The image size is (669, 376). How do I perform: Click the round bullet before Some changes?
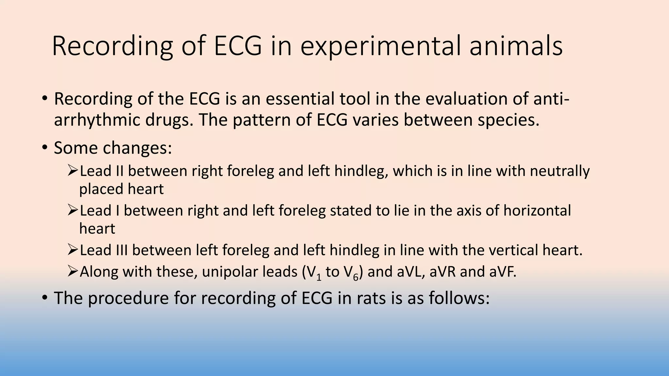coord(45,148)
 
